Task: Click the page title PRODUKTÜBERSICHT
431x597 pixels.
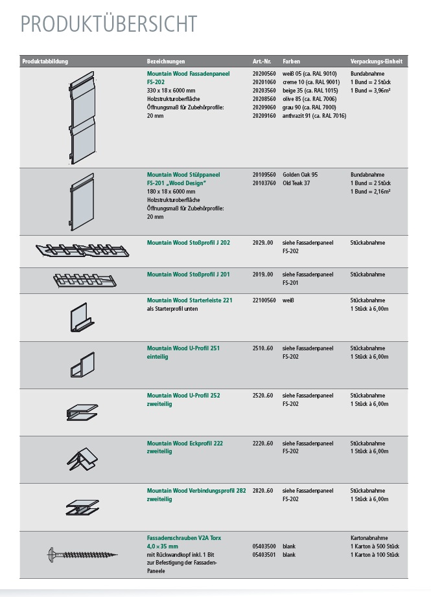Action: (x=108, y=24)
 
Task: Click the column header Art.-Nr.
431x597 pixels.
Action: (x=261, y=62)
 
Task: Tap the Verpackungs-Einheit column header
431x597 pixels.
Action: (x=377, y=62)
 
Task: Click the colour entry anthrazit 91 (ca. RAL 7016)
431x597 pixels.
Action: (x=314, y=116)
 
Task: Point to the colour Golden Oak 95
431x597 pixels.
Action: (x=300, y=175)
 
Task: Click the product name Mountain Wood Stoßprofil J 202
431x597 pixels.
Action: (x=188, y=243)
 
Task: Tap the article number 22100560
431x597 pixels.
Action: (x=264, y=300)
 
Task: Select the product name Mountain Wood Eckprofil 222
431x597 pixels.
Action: (x=185, y=444)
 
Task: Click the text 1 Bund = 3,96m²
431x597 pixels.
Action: (x=371, y=91)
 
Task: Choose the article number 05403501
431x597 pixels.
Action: (x=264, y=555)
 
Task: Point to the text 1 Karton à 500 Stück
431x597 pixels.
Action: (x=379, y=546)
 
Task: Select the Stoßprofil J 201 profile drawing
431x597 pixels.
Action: (x=82, y=280)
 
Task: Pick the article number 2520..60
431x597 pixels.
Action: (x=262, y=396)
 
